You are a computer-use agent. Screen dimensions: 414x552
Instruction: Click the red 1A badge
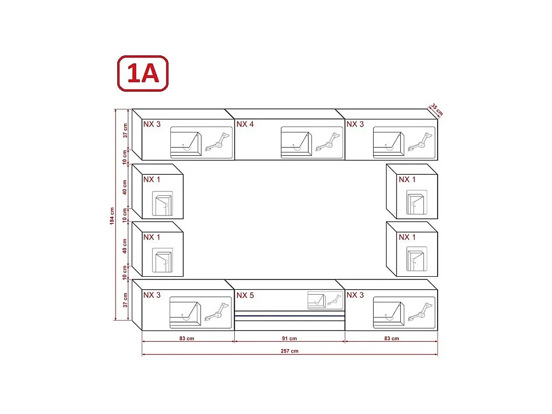pyautogui.click(x=143, y=73)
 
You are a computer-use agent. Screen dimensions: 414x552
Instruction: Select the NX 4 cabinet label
pyautogui.click(x=245, y=124)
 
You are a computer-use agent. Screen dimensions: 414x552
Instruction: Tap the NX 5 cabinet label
pyautogui.click(x=245, y=296)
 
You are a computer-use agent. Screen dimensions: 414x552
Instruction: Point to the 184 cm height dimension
pyautogui.click(x=112, y=216)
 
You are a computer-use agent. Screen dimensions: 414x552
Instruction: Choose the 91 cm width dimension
pyautogui.click(x=290, y=339)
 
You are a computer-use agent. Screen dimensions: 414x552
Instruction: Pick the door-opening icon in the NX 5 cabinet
pyautogui.click(x=316, y=300)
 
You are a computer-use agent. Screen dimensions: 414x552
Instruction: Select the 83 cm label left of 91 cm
pyautogui.click(x=187, y=339)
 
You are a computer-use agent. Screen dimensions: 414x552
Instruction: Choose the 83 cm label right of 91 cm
pyautogui.click(x=391, y=339)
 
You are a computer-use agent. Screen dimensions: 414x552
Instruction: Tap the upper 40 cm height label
pyautogui.click(x=125, y=187)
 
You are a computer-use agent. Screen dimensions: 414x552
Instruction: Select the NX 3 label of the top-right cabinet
pyautogui.click(x=355, y=124)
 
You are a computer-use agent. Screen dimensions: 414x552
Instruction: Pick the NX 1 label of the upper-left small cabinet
pyautogui.click(x=152, y=180)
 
